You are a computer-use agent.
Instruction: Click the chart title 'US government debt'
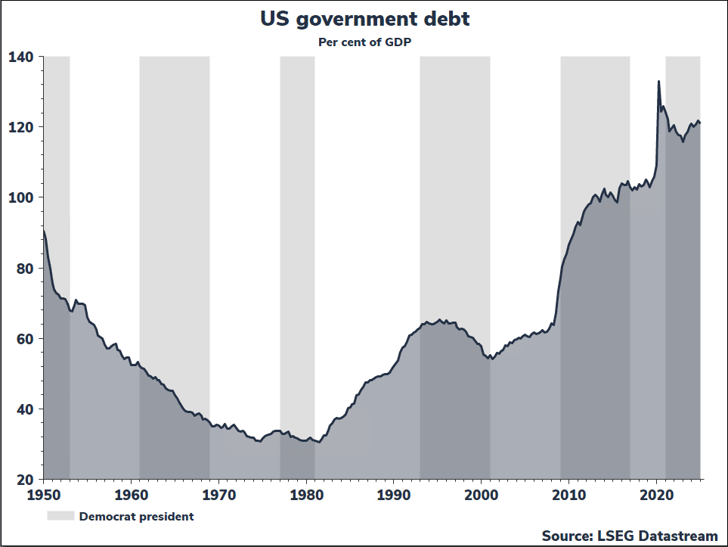pos(364,19)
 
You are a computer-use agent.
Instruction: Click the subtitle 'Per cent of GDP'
pos(364,42)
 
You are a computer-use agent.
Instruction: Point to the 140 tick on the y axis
pos(21,57)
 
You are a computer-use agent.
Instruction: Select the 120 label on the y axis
pos(21,127)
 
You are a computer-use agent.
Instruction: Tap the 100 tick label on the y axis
pos(21,197)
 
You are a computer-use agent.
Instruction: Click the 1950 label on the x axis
pos(44,495)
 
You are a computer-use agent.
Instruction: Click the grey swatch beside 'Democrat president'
pos(60,516)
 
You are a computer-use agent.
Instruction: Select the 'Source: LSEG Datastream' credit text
pos(629,536)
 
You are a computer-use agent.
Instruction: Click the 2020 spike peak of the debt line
pos(658,82)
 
